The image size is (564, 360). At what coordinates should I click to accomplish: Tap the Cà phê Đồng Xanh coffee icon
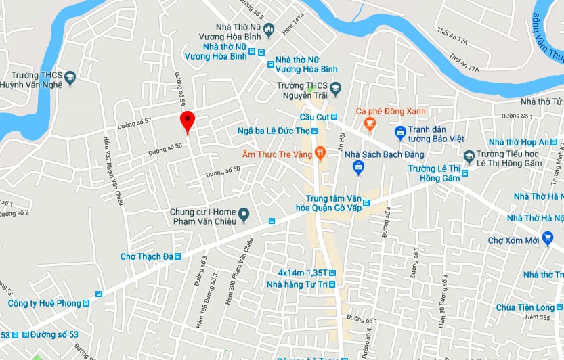[370, 122]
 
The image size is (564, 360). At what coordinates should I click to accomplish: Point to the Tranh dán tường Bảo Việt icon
[400, 131]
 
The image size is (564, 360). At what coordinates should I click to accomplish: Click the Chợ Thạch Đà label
[147, 256]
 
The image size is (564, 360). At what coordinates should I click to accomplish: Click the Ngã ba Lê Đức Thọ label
[274, 131]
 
